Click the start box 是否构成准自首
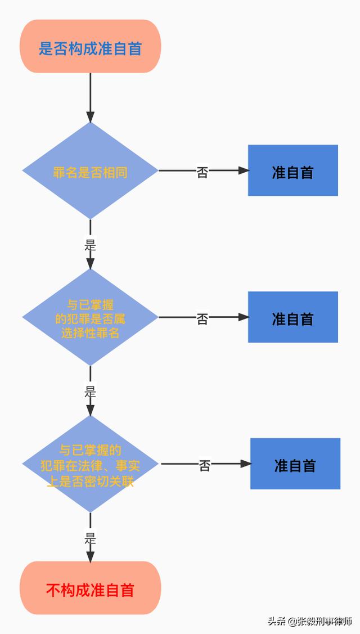pyautogui.click(x=90, y=47)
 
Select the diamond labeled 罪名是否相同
pyautogui.click(x=90, y=170)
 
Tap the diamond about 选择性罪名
pyautogui.click(x=90, y=317)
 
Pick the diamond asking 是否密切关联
pyautogui.click(x=90, y=464)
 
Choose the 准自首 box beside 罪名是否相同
pyautogui.click(x=293, y=170)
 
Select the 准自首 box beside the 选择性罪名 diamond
pyautogui.click(x=293, y=317)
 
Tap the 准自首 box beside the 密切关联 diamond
pyautogui.click(x=295, y=464)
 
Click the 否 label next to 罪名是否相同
pyautogui.click(x=202, y=172)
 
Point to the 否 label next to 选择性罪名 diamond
pyautogui.click(x=202, y=318)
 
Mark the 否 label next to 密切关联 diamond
pyautogui.click(x=205, y=465)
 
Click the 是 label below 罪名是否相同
pyautogui.click(x=90, y=245)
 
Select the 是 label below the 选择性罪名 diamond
pyautogui.click(x=90, y=392)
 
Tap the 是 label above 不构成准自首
pyautogui.click(x=90, y=538)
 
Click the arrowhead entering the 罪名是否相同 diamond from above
pyautogui.click(x=90, y=116)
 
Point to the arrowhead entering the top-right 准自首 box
pyautogui.click(x=244, y=170)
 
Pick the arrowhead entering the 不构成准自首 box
pyautogui.click(x=90, y=557)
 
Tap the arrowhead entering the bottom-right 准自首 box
pyautogui.click(x=246, y=464)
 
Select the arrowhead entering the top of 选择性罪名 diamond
pyautogui.click(x=90, y=264)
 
